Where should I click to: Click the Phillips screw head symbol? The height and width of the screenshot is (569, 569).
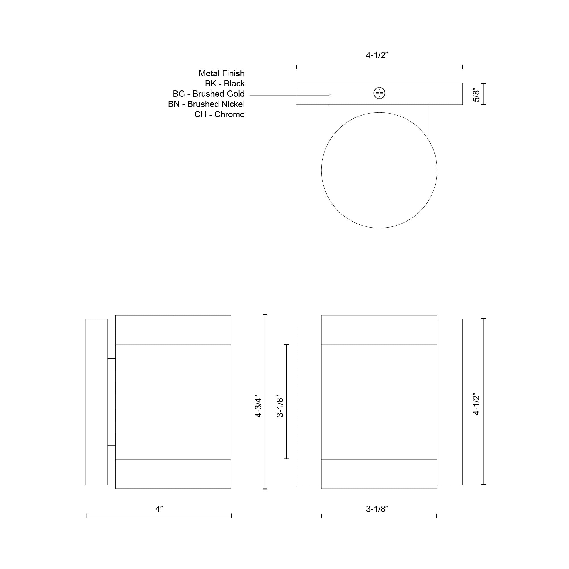[x=379, y=93]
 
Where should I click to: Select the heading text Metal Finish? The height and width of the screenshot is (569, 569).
[x=221, y=73]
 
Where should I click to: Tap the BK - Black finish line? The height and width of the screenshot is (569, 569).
[x=225, y=84]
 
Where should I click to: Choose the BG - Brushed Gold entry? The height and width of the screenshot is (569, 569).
[x=209, y=94]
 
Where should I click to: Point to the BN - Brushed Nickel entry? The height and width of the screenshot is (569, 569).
[x=206, y=104]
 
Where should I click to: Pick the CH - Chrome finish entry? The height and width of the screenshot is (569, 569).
[x=219, y=114]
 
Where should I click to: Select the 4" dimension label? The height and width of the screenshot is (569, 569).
[x=159, y=509]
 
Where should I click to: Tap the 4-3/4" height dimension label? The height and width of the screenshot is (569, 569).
[x=258, y=407]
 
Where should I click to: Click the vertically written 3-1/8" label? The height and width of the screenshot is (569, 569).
[x=280, y=407]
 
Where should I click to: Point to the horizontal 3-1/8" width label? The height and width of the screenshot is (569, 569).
[x=377, y=509]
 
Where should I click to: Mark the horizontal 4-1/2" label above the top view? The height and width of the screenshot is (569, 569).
[x=377, y=55]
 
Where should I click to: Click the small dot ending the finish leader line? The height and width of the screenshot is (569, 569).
[x=330, y=95]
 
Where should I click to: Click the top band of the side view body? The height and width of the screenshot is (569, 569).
[x=173, y=329]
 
